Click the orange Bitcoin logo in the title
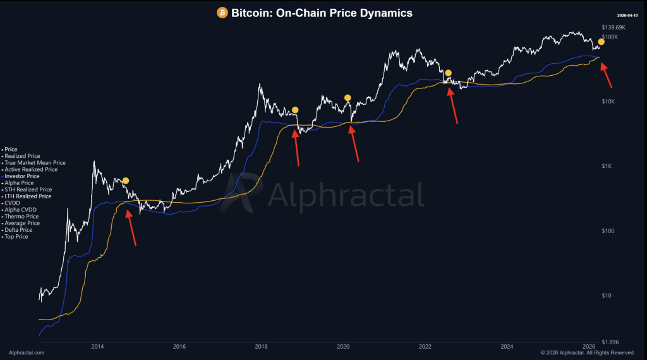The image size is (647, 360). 222,13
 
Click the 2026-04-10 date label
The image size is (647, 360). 627,15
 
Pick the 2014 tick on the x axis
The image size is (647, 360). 97,346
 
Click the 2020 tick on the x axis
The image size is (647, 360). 343,346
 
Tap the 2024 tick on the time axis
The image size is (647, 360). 507,346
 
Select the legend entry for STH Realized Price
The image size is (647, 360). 29,189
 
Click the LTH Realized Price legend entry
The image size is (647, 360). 29,196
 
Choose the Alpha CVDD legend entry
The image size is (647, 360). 22,210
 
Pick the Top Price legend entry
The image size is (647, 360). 18,237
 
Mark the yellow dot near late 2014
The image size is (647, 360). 126,181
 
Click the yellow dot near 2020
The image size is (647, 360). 348,98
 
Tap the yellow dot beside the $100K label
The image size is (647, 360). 601,42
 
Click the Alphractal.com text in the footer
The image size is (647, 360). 27,352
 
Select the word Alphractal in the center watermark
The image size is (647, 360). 346,195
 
